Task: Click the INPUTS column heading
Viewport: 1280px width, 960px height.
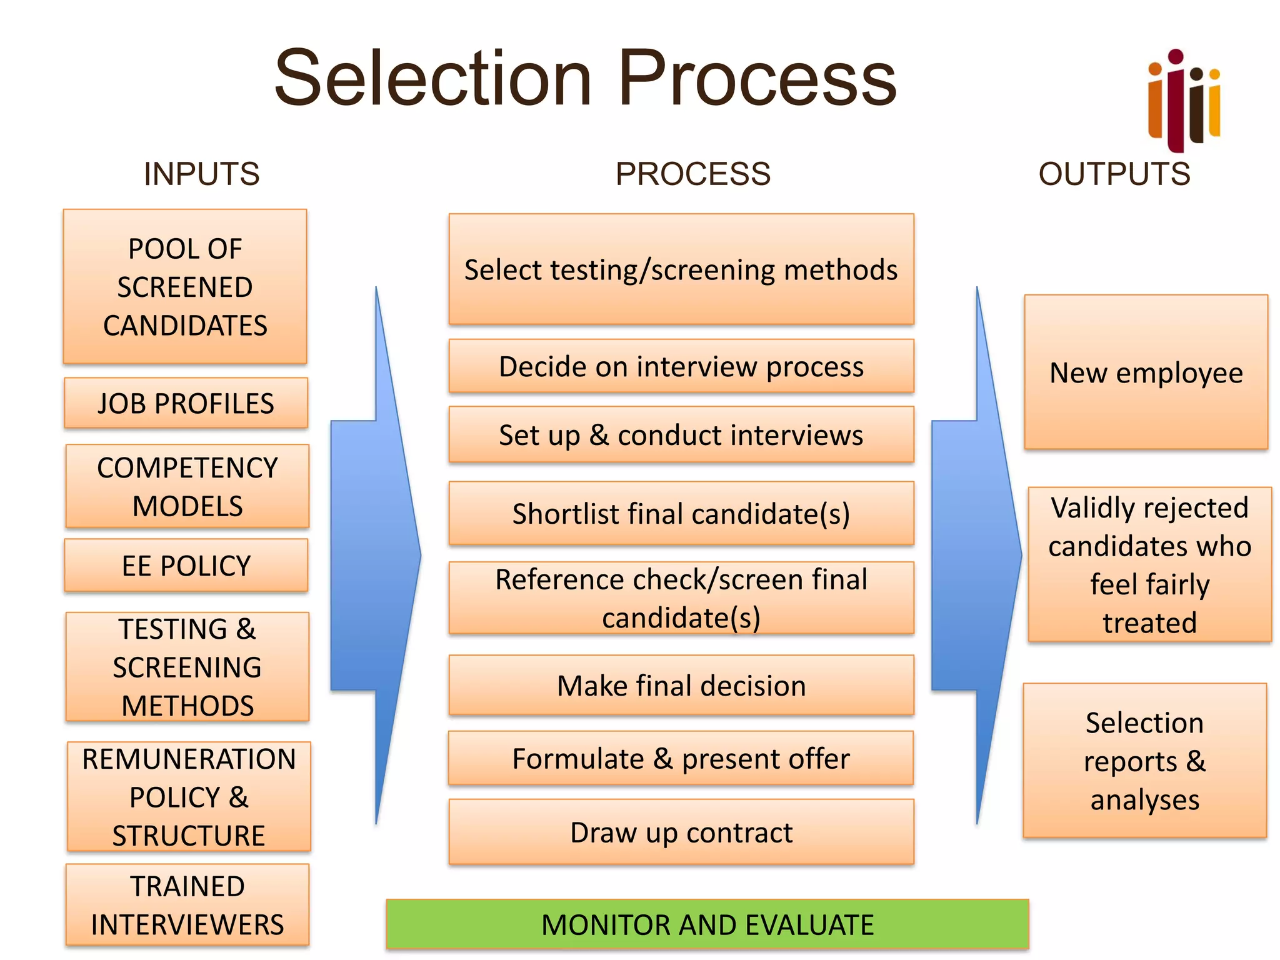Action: click(201, 174)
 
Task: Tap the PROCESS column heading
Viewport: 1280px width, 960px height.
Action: click(692, 174)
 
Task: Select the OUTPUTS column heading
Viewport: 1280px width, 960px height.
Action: click(1114, 174)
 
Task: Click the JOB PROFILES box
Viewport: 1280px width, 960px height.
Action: click(186, 403)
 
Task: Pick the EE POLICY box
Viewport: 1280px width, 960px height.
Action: click(186, 566)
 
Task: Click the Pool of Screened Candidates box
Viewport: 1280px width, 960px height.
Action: click(185, 287)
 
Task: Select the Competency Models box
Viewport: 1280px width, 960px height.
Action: click(187, 486)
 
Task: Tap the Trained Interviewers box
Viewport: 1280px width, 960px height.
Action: click(187, 905)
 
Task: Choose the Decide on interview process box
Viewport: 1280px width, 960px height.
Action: click(681, 366)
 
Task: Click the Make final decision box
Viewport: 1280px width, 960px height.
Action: click(681, 686)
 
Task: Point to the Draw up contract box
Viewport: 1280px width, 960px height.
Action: click(681, 832)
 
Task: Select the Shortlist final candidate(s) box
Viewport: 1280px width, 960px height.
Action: click(681, 514)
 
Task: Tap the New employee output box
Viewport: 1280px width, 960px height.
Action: click(1146, 372)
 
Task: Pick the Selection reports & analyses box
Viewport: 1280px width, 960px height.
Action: click(1145, 761)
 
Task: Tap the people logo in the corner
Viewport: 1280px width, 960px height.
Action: click(1183, 100)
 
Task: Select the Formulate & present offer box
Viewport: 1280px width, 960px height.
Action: click(681, 759)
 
